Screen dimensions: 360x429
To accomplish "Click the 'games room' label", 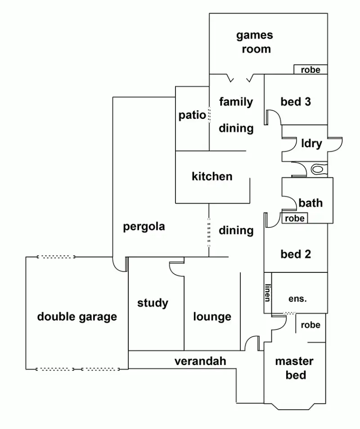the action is [255, 42].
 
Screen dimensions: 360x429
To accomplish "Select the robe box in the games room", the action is [310, 69].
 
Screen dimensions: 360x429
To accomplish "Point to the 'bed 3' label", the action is [296, 102].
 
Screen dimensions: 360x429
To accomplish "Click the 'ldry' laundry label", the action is [311, 144].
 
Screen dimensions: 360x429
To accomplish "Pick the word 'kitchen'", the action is [212, 176].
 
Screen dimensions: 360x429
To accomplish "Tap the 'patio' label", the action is [192, 115].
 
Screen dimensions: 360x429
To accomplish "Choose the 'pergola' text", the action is [144, 226].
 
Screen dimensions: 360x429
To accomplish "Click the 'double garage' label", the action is [77, 316].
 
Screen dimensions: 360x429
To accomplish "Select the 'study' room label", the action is [153, 303].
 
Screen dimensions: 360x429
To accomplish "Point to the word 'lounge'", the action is [212, 316].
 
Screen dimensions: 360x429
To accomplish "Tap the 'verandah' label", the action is [200, 361].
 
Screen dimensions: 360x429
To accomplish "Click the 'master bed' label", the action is [294, 368].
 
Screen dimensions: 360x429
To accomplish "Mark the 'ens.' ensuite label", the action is [297, 298].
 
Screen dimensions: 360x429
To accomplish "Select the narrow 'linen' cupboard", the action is [268, 293].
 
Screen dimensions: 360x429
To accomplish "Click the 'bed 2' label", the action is [296, 254].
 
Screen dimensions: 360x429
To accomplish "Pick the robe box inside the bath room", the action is [295, 218].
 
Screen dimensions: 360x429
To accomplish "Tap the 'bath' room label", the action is [310, 203].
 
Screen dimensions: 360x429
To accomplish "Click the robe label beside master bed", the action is [310, 325].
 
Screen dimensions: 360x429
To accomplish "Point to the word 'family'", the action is [236, 102].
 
